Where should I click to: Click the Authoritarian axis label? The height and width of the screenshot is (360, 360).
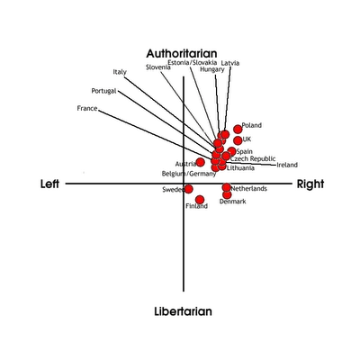(x=182, y=53)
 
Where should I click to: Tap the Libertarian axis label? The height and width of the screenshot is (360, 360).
(x=183, y=311)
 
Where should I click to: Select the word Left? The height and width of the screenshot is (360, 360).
(x=49, y=184)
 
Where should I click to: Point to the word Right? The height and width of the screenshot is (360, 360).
(x=310, y=184)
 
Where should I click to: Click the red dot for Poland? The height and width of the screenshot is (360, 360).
(x=238, y=130)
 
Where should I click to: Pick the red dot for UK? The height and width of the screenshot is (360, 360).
(x=238, y=140)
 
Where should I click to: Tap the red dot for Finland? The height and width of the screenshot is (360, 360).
(x=200, y=200)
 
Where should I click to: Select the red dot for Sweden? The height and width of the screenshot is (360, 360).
(x=189, y=189)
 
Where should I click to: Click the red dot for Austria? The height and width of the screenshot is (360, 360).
(x=201, y=162)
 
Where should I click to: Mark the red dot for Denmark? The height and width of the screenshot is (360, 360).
(x=227, y=195)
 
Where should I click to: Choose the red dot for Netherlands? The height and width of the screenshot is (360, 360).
(x=227, y=187)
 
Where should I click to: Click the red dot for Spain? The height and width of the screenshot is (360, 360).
(x=231, y=151)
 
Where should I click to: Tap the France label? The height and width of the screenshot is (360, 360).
(x=87, y=108)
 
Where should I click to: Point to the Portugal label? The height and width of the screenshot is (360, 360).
(x=103, y=91)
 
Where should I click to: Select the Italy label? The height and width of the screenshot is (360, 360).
(x=120, y=72)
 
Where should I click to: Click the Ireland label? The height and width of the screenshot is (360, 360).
(x=287, y=165)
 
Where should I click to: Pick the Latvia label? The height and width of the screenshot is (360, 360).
(x=230, y=63)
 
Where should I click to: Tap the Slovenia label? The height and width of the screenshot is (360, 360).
(x=158, y=67)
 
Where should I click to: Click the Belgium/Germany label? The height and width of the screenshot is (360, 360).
(x=189, y=174)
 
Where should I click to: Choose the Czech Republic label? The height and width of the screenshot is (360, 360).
(x=253, y=158)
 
